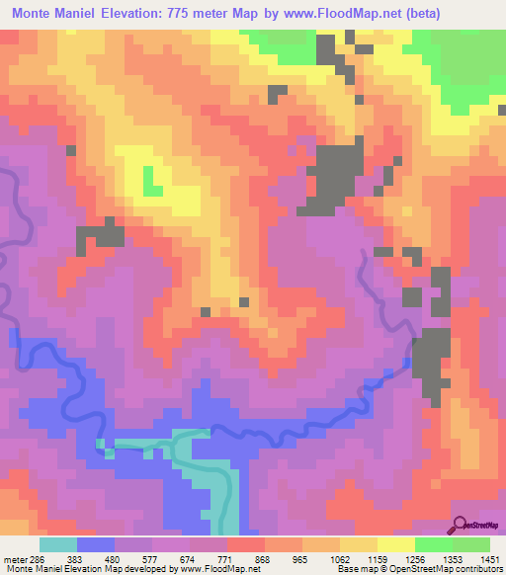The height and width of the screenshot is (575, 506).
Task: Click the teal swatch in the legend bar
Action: (x=57, y=544)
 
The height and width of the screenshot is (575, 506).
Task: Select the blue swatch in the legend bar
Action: (x=96, y=544)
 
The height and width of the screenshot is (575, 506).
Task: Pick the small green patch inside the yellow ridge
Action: (x=153, y=182)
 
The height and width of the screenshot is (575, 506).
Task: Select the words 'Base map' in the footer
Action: (x=357, y=569)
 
